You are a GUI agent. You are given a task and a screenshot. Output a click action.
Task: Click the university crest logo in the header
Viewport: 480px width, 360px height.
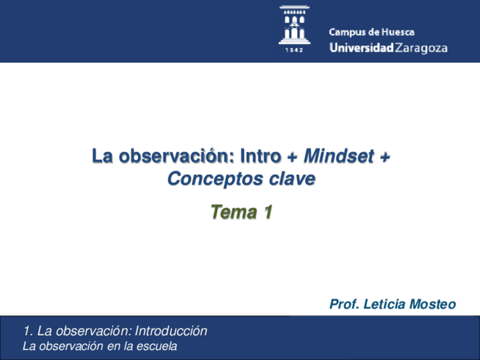[294, 25]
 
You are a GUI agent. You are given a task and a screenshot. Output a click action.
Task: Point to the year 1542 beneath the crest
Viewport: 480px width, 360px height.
[294, 50]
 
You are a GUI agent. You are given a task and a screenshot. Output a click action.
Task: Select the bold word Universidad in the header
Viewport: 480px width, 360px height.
[361, 48]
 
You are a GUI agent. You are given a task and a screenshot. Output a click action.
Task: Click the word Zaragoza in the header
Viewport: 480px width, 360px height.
[421, 49]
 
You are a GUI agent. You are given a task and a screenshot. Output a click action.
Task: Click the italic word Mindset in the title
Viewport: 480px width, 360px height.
[338, 156]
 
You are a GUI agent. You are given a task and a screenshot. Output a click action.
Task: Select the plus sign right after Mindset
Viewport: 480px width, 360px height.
[384, 157]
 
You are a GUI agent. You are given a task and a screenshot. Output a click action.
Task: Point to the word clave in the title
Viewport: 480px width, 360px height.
[292, 179]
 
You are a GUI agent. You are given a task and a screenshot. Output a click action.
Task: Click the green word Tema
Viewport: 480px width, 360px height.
[233, 212]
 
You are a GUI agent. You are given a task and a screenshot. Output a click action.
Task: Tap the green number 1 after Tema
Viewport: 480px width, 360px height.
[267, 212]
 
